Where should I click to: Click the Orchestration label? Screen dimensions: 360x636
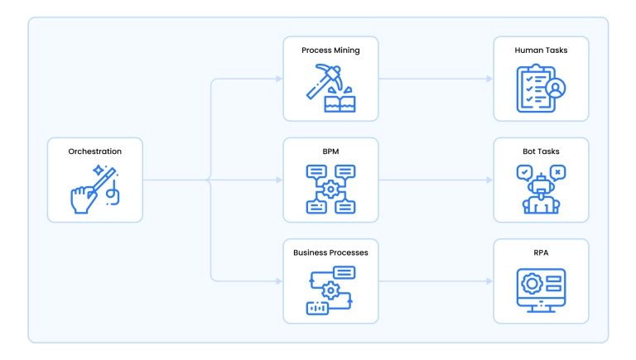(95, 151)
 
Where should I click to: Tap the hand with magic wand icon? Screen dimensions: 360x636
(94, 189)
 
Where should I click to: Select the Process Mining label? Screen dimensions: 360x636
(330, 50)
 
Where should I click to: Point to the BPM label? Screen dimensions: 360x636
(330, 151)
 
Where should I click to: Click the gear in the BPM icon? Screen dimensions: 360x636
(330, 190)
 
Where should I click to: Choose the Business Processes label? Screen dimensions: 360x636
(330, 252)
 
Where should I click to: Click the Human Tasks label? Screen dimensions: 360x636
(541, 50)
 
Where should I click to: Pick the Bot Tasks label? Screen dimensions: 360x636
(541, 151)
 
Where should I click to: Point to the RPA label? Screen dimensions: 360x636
(541, 252)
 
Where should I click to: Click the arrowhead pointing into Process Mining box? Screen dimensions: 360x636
(278, 79)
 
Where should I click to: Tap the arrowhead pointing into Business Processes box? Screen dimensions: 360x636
(278, 281)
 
